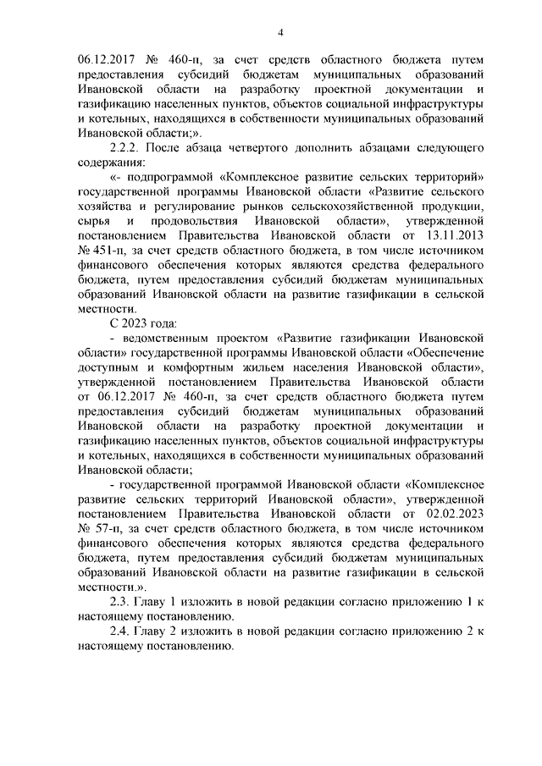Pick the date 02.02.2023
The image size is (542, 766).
click(x=454, y=514)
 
